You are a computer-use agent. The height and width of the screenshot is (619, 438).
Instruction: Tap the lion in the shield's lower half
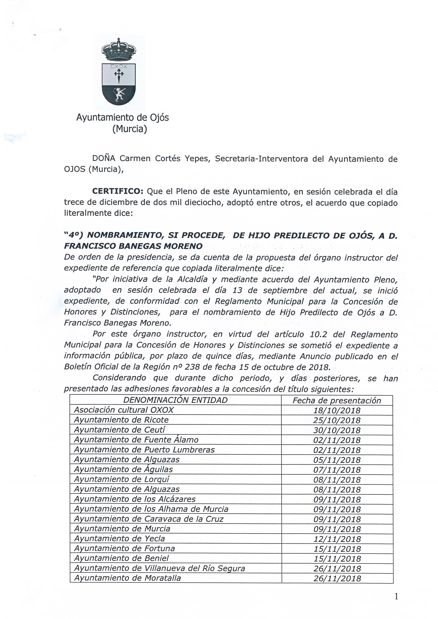pos(119,94)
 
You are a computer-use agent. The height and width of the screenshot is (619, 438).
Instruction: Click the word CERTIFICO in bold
pos(118,191)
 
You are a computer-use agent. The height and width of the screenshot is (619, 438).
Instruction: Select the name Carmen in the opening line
pos(135,158)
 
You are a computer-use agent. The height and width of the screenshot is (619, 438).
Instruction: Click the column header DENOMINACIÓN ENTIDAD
pos(175,400)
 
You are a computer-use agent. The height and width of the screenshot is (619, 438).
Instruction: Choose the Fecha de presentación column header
pos(337,401)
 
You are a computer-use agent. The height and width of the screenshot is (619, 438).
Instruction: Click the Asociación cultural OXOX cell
pos(124,410)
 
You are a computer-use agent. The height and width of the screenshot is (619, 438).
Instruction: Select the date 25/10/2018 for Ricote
pos(337,420)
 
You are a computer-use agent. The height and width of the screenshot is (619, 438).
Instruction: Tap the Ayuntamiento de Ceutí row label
pos(119,430)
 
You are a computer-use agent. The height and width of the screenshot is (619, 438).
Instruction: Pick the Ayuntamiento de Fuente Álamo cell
pos(136,440)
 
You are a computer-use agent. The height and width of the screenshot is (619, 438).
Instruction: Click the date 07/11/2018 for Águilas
pos(337,470)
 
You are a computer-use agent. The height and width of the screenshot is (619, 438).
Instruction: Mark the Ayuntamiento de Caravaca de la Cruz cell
pos(149,519)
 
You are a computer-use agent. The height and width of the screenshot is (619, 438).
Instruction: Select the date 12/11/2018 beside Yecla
pos(337,539)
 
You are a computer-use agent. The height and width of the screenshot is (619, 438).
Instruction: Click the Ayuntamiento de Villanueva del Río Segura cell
pos(160,568)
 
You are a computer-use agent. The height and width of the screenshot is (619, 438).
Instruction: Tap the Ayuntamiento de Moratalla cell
pos(128,578)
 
